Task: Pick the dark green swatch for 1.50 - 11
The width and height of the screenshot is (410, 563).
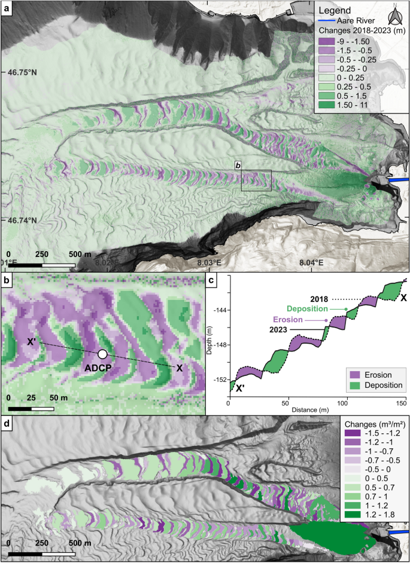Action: click(327, 105)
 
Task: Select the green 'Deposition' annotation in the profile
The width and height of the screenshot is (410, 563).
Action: click(315, 309)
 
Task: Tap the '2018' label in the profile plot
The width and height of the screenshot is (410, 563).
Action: click(321, 298)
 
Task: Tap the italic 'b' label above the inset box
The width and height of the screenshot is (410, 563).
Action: click(238, 166)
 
